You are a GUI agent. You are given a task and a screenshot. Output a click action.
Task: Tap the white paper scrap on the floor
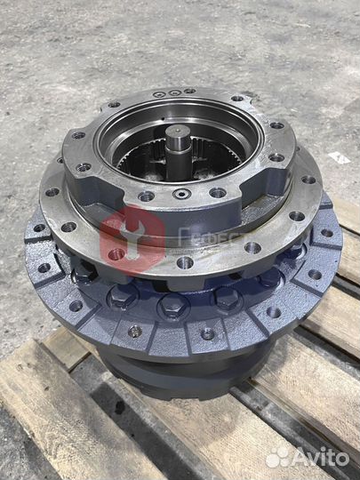(x=339, y=157)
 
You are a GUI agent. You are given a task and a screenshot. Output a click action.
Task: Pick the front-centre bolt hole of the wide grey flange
(x=185, y=262)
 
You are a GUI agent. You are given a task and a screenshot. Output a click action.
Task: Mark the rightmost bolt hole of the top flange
(x=277, y=157)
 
